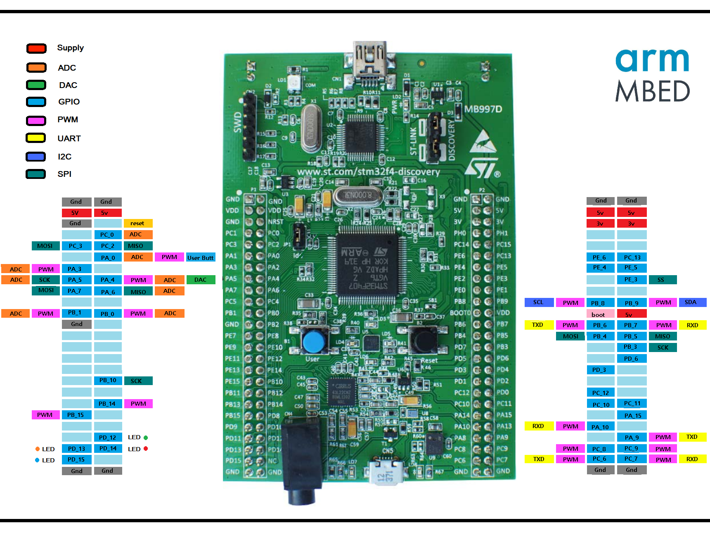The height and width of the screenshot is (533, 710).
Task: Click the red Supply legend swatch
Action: point(36,48)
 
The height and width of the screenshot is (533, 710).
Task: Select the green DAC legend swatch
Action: point(36,85)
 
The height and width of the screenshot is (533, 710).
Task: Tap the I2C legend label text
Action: point(64,157)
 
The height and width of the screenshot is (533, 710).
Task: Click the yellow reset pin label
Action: point(138,223)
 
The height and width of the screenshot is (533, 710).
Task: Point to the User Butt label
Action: point(201,257)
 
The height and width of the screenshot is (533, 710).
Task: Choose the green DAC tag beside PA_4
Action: point(201,280)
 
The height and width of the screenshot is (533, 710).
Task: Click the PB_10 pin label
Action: point(108,381)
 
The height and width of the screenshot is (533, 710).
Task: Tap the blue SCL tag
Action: point(539,302)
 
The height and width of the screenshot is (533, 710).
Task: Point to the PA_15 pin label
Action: point(632,415)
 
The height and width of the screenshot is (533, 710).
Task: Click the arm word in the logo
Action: point(652,60)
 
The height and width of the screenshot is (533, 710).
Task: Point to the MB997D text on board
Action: point(483,109)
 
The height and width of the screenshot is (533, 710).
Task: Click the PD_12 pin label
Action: point(108,437)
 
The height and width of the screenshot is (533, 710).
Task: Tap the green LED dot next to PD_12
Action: point(146,438)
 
